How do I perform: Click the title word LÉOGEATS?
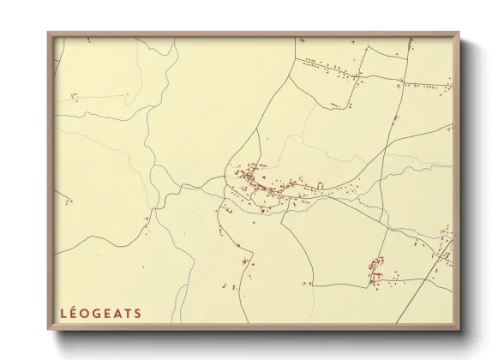point(101,313)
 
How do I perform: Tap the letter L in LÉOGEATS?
point(63,313)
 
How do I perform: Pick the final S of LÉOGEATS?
point(138,313)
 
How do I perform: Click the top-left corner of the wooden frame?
point(49,33)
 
